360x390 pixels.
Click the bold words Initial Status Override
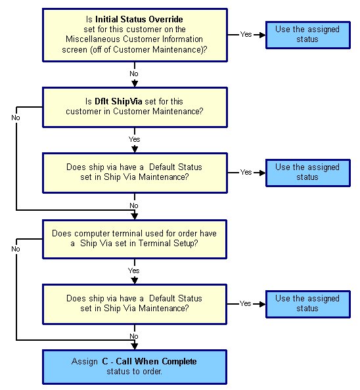coord(139,19)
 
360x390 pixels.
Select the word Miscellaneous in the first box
coord(93,39)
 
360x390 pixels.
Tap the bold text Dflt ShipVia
coord(118,101)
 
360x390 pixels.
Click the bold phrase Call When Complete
coord(156,361)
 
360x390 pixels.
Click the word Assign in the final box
coord(85,361)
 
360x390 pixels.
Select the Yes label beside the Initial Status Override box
coord(246,34)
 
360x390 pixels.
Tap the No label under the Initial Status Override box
coord(134,74)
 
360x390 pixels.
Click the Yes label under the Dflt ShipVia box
coord(135,139)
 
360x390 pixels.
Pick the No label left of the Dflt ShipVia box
coord(16,118)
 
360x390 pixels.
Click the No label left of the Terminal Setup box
coord(16,249)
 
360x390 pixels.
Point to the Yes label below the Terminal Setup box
coord(134,271)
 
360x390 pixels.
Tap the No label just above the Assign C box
coord(134,336)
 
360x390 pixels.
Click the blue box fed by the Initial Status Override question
coord(308,35)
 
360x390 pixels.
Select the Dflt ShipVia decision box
coord(135,107)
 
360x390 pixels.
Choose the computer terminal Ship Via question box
coord(135,239)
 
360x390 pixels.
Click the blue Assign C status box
coord(135,367)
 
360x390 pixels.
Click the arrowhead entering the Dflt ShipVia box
coord(135,84)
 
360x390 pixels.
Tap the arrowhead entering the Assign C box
coord(135,346)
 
